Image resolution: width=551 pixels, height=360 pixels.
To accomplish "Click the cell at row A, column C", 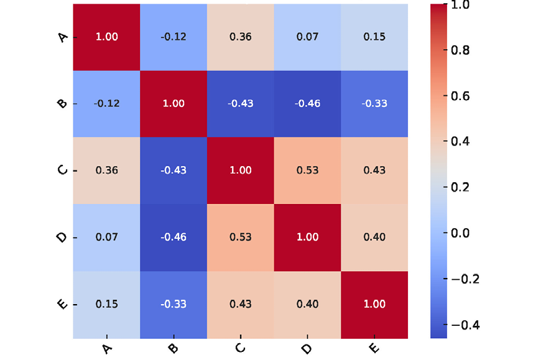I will (x=241, y=37).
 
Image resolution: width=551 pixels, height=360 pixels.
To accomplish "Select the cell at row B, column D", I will (x=307, y=103).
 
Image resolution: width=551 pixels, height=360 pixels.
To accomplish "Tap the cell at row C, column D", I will (x=307, y=170).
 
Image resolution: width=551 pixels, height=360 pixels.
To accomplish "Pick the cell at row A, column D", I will (x=307, y=37).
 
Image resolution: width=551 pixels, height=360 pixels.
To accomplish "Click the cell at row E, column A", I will (x=106, y=304).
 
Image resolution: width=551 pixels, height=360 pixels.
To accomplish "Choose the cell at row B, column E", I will (x=374, y=103).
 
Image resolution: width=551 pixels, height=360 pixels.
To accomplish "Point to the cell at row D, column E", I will (x=374, y=237).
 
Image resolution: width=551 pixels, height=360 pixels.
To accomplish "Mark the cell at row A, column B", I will (x=174, y=37).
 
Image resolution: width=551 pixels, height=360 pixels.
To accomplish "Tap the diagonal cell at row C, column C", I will (x=241, y=170).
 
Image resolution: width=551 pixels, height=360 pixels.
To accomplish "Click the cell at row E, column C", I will (x=241, y=304).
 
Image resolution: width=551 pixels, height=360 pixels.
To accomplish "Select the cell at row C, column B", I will (x=174, y=170).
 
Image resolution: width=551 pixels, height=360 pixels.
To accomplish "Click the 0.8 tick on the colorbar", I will (x=461, y=50).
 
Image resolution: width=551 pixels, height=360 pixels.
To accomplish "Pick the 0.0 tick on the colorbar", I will (x=461, y=233).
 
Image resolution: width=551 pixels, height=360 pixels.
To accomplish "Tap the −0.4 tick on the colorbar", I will (x=461, y=325).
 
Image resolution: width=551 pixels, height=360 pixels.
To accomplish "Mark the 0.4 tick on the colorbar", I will (x=461, y=142).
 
